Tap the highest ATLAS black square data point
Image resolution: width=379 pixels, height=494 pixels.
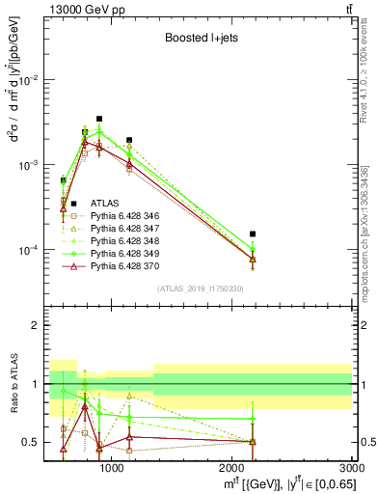click(x=99, y=119)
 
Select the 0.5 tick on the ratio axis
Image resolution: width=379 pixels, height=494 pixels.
click(x=33, y=442)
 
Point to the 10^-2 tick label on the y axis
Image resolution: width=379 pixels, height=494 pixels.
click(x=29, y=80)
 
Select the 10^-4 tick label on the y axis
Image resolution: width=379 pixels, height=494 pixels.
click(x=29, y=250)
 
